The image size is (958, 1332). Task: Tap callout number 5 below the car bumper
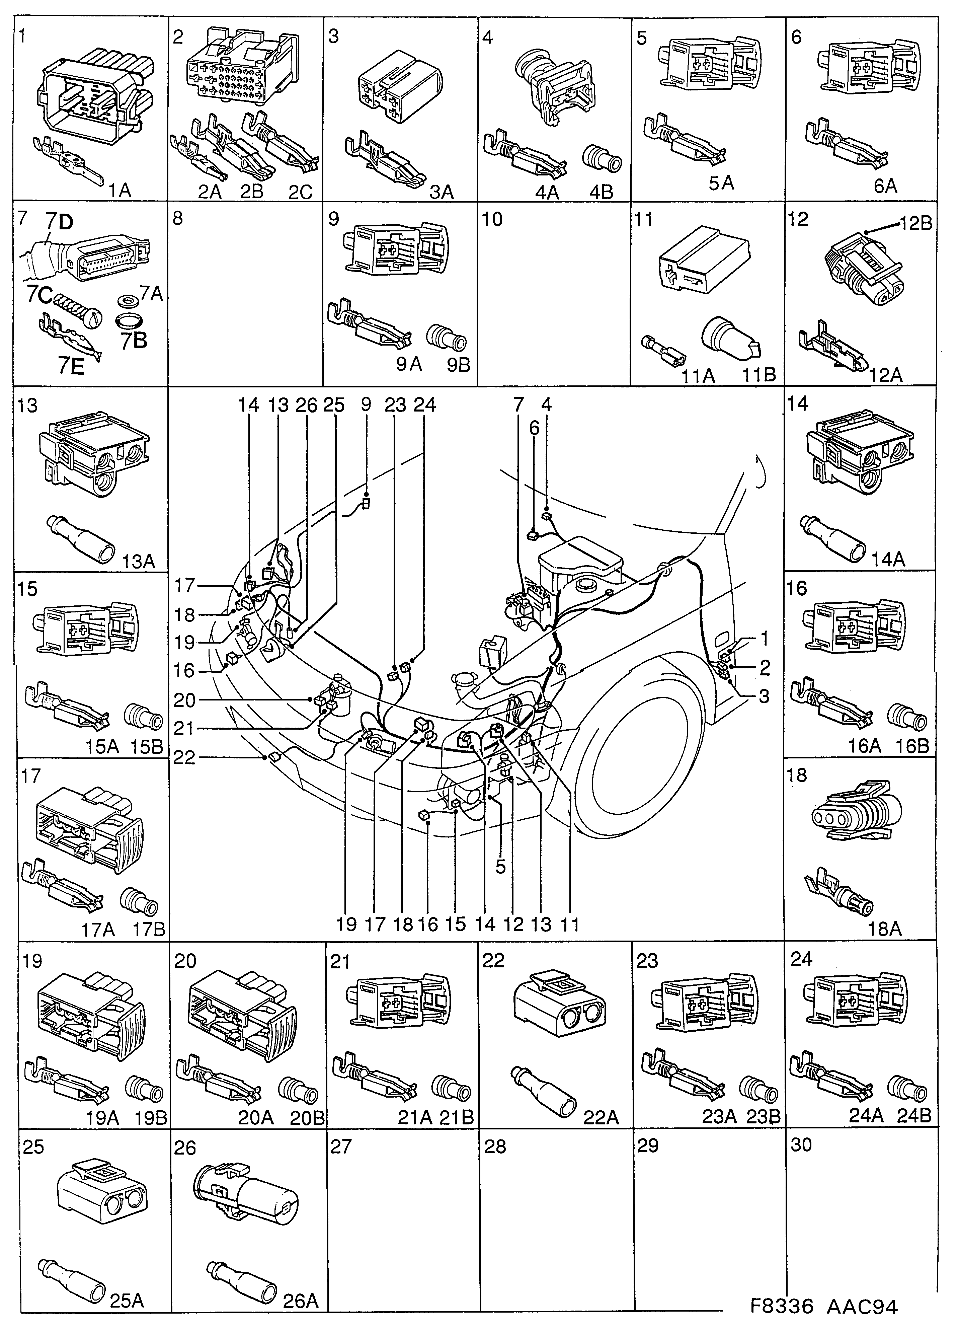[x=500, y=867]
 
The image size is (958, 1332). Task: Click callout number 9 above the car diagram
[x=366, y=404]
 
